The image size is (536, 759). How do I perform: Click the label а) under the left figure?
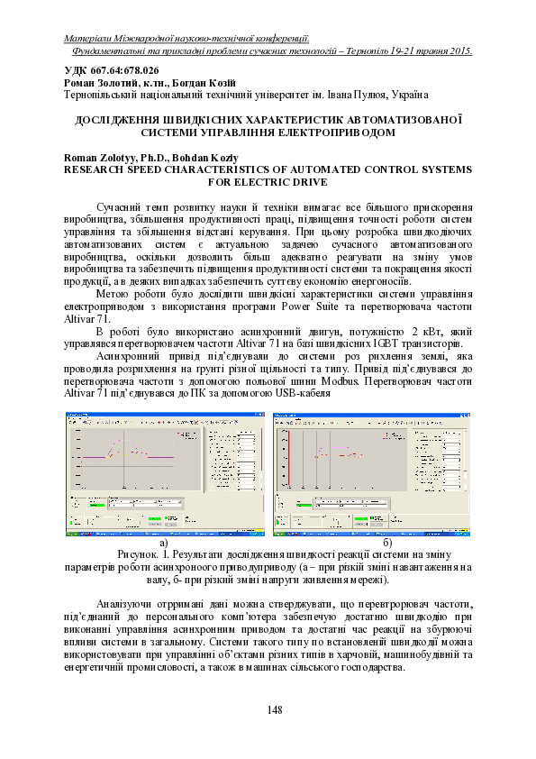coord(164,543)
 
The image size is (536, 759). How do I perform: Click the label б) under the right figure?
coord(387,543)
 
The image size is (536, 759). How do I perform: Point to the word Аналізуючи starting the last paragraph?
coord(126,604)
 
